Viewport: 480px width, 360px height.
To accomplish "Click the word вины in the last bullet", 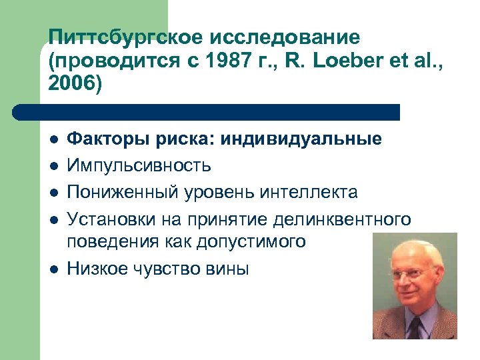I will tap(229, 269).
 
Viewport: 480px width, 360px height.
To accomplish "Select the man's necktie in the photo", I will tap(415, 327).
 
